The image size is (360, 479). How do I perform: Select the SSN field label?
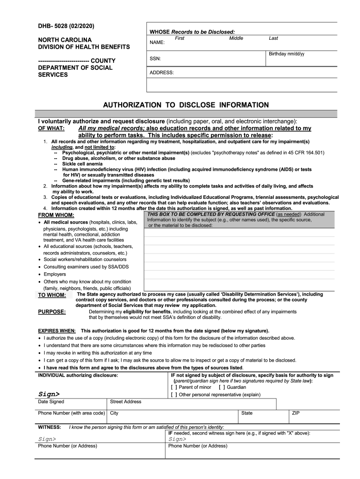[x=155, y=59]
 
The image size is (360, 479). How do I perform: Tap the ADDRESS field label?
[x=162, y=73]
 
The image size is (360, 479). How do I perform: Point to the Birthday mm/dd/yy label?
[x=287, y=54]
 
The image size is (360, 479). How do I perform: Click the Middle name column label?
[x=236, y=38]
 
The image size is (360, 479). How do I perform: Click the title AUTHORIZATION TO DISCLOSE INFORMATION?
[x=186, y=105]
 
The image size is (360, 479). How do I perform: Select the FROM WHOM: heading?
[x=56, y=215]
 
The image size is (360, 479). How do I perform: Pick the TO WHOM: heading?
[x=52, y=295]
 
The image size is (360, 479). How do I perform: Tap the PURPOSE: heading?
[x=52, y=312]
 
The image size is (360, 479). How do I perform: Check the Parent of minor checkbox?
[x=174, y=387]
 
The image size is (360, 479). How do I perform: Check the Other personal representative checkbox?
[x=174, y=395]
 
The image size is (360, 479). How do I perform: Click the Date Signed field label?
[x=51, y=402]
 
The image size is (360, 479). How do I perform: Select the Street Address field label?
[x=125, y=402]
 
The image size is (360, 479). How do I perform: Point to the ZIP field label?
[x=296, y=413]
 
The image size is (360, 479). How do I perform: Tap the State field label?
[x=247, y=413]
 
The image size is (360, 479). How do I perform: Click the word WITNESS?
[x=49, y=427]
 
